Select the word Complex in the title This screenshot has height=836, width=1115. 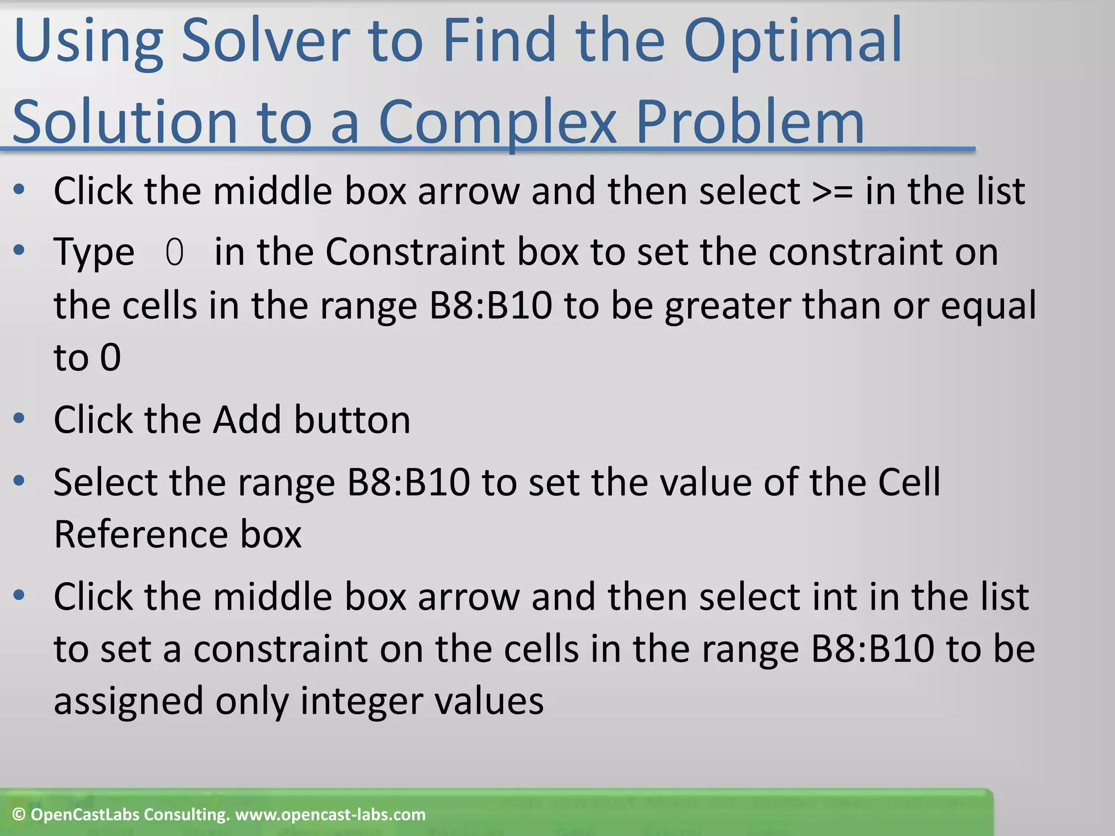(497, 122)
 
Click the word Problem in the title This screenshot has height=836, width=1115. (750, 122)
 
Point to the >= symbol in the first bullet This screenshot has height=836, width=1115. (832, 192)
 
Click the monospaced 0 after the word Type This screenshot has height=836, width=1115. (174, 253)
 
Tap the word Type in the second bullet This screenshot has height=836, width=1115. (94, 253)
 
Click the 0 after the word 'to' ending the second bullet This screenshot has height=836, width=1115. (111, 358)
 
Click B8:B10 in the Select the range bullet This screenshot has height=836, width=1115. (408, 482)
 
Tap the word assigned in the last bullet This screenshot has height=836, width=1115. (128, 702)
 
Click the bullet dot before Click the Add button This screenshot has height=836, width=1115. (20, 419)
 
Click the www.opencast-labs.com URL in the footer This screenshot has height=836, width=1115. (330, 815)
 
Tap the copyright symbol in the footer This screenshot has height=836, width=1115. (19, 815)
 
